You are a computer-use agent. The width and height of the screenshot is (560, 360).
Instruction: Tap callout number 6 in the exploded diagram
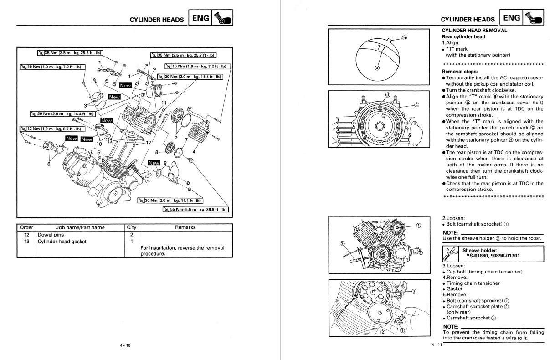48,164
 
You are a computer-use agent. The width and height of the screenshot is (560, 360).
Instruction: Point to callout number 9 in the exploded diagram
165,163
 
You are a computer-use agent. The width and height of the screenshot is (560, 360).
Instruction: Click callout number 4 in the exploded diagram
195,151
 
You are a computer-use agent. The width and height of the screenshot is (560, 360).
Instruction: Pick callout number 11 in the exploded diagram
164,103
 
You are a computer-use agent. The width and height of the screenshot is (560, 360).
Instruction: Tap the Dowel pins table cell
51,235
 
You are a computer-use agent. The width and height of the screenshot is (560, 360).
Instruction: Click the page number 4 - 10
125,345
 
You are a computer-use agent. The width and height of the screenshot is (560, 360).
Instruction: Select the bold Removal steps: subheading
460,72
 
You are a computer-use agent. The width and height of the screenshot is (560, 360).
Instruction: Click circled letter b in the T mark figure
404,38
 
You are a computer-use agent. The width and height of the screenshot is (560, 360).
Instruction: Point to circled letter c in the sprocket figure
416,104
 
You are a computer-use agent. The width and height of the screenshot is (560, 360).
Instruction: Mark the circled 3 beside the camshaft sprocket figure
414,292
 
